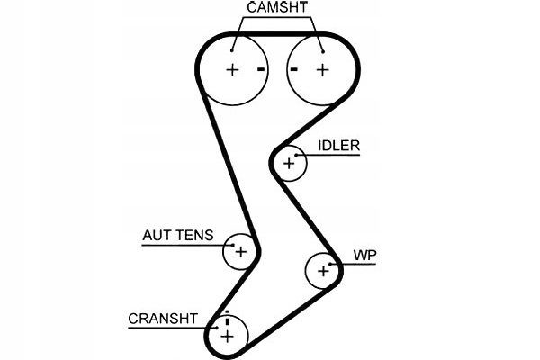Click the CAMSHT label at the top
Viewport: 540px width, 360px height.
pyautogui.click(x=277, y=8)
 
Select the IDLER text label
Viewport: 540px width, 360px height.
pyautogui.click(x=338, y=145)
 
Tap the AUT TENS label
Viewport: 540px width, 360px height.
pyautogui.click(x=177, y=236)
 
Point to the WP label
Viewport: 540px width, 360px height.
pyautogui.click(x=364, y=256)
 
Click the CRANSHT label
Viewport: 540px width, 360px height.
pyautogui.click(x=163, y=318)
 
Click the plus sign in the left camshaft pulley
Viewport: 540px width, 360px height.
pyautogui.click(x=232, y=69)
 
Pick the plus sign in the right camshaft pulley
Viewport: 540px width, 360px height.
pyautogui.click(x=321, y=69)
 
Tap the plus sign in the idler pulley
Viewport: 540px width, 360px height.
pyautogui.click(x=289, y=163)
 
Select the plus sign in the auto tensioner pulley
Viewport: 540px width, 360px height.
pyautogui.click(x=239, y=252)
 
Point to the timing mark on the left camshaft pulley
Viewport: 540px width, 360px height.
pyautogui.click(x=261, y=69)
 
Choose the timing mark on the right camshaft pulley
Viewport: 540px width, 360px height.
pyautogui.click(x=293, y=69)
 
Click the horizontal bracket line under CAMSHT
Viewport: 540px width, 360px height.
pyautogui.click(x=277, y=19)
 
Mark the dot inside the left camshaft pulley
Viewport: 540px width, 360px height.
pyautogui.click(x=233, y=50)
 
